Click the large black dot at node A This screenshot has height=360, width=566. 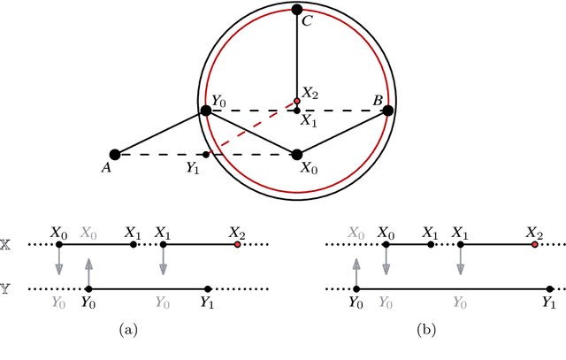click(114, 154)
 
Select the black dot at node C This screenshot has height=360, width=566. click(297, 10)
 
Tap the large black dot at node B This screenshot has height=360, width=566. click(387, 111)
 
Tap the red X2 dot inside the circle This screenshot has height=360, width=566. click(297, 101)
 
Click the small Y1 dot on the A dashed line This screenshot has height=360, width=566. click(206, 154)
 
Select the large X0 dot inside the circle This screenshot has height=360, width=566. click(297, 154)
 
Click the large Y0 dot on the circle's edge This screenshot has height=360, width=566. click(206, 111)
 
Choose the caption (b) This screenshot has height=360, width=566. click(428, 331)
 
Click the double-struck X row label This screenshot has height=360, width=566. click(11, 244)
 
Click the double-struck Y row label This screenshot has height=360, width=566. click(11, 289)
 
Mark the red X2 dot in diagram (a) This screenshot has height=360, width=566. click(237, 244)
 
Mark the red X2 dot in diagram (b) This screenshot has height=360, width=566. click(534, 244)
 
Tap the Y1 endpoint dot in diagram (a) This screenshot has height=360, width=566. click(207, 289)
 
